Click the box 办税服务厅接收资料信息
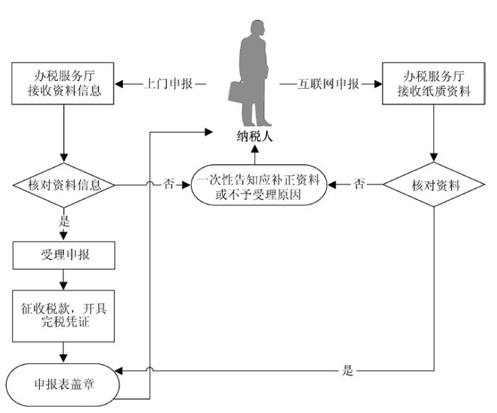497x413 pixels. point(64,84)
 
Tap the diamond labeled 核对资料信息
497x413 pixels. point(64,186)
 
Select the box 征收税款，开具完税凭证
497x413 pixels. point(64,313)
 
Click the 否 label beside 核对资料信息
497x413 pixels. point(169,186)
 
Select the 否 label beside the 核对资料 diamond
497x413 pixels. point(359,186)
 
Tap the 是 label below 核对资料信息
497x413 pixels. point(64,221)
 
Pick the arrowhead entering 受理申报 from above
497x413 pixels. point(64,236)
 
